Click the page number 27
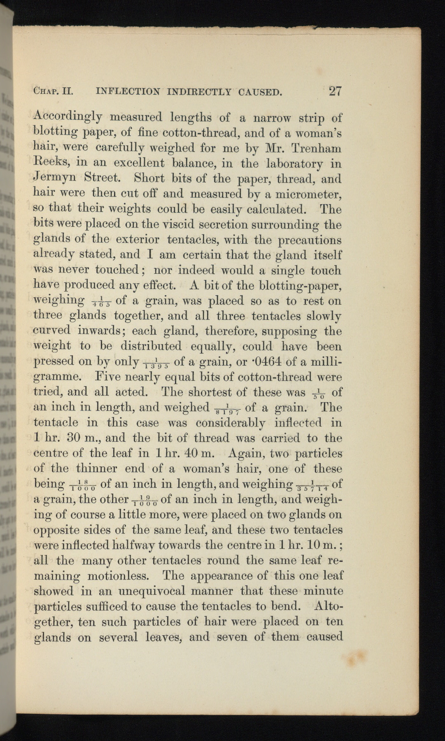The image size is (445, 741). tap(335, 91)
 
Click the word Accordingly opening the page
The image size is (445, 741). tap(67, 118)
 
